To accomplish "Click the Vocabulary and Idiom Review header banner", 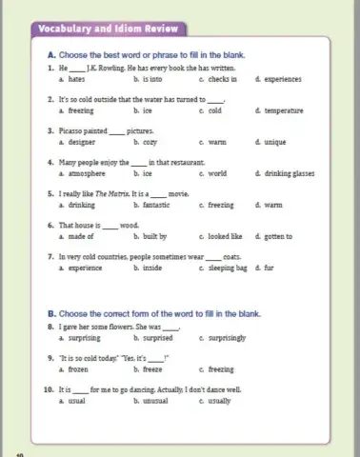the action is click(98, 29).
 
